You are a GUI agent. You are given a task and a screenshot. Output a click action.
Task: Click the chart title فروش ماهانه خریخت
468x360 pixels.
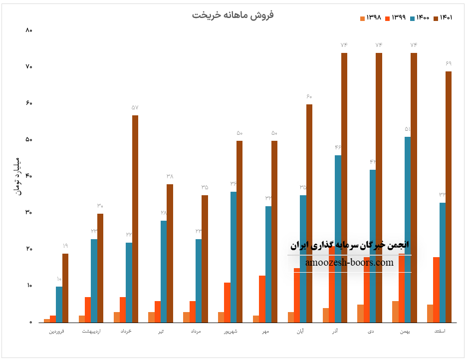coord(233,15)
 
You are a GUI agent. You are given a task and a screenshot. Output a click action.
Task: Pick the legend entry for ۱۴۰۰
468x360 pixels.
coord(419,18)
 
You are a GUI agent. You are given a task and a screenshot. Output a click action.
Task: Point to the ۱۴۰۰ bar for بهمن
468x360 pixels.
coord(408,229)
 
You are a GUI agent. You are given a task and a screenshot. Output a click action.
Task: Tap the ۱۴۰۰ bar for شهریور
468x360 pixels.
coord(234,257)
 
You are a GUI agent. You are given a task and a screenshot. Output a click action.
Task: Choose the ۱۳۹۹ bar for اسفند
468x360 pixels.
coord(437,290)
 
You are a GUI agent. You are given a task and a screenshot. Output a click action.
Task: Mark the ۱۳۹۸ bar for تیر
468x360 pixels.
coord(151,317)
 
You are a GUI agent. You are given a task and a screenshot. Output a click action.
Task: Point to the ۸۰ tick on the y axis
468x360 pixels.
coord(28,30)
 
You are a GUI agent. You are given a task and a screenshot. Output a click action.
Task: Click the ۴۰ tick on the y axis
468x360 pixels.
coord(28,176)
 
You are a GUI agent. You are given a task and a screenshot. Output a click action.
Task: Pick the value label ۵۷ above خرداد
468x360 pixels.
coord(135,108)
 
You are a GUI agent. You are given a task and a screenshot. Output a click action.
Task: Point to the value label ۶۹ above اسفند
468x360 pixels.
coord(449,64)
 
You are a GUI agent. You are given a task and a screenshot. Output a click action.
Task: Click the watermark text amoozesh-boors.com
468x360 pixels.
coord(349,263)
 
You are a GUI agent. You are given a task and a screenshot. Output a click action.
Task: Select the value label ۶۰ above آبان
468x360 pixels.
coord(309,97)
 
